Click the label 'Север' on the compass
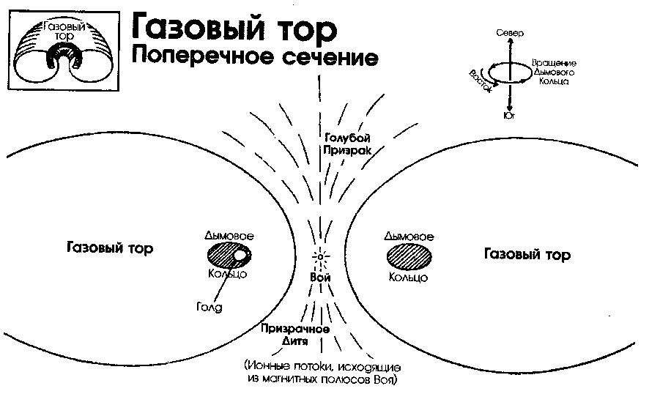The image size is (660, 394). point(510,34)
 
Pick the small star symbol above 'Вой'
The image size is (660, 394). point(321,258)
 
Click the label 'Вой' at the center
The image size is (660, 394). point(320,278)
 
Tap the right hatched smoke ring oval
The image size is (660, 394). point(408,257)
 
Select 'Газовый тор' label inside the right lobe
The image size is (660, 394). point(527,255)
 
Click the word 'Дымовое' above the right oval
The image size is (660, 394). point(408,237)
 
